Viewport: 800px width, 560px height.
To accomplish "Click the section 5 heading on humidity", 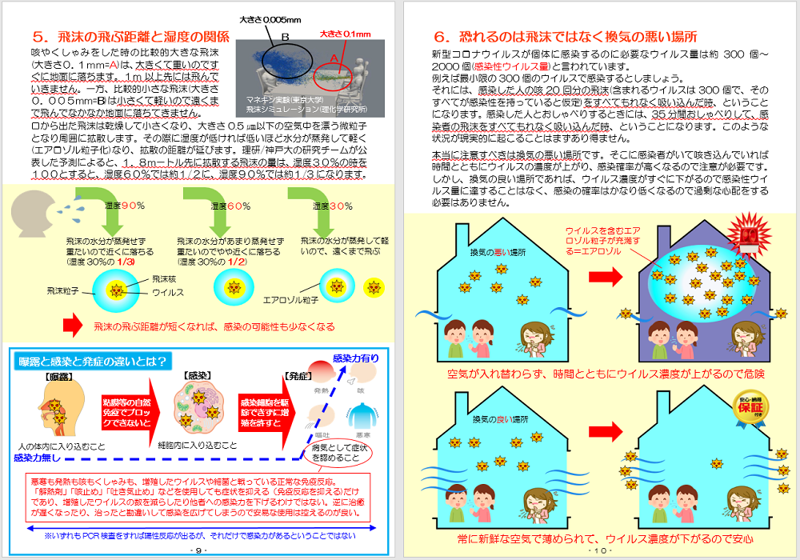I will (133, 37).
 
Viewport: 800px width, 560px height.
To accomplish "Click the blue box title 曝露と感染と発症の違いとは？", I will (94, 362).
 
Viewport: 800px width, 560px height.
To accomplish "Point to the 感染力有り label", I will (355, 359).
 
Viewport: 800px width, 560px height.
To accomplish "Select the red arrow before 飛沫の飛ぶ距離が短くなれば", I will (73, 326).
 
